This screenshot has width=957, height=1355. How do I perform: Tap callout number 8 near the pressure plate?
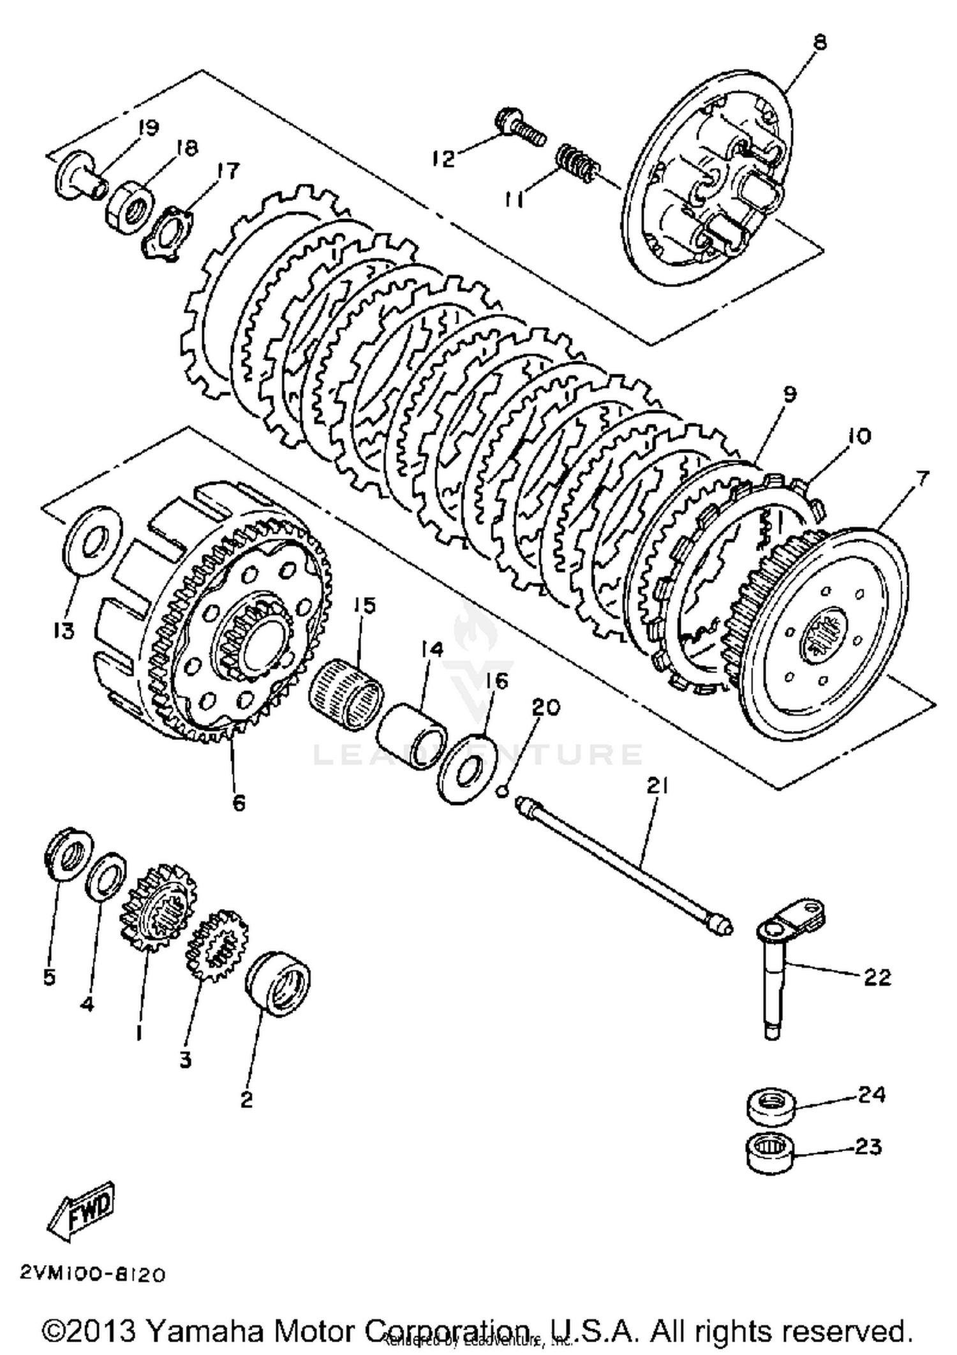pyautogui.click(x=820, y=43)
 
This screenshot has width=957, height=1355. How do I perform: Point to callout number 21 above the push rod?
pyautogui.click(x=657, y=787)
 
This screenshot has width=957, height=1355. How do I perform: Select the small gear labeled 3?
pyautogui.click(x=216, y=945)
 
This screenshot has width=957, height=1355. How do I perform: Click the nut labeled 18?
pyautogui.click(x=130, y=209)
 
